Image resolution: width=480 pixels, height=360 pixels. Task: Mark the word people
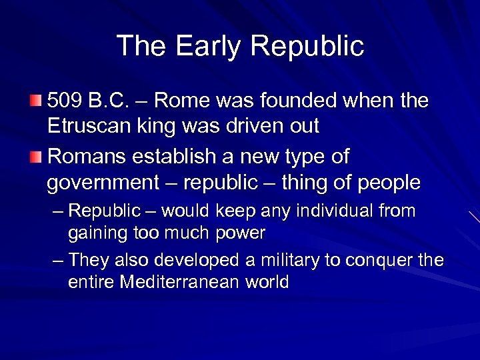(389, 182)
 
